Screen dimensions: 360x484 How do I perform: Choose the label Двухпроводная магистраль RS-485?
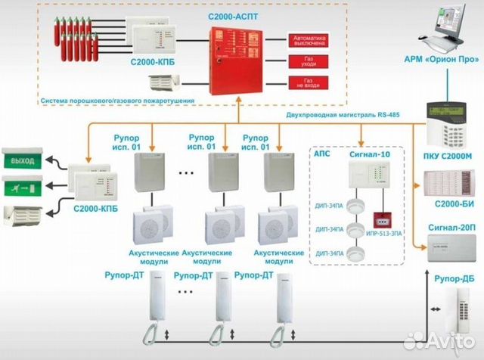coord(349,115)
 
